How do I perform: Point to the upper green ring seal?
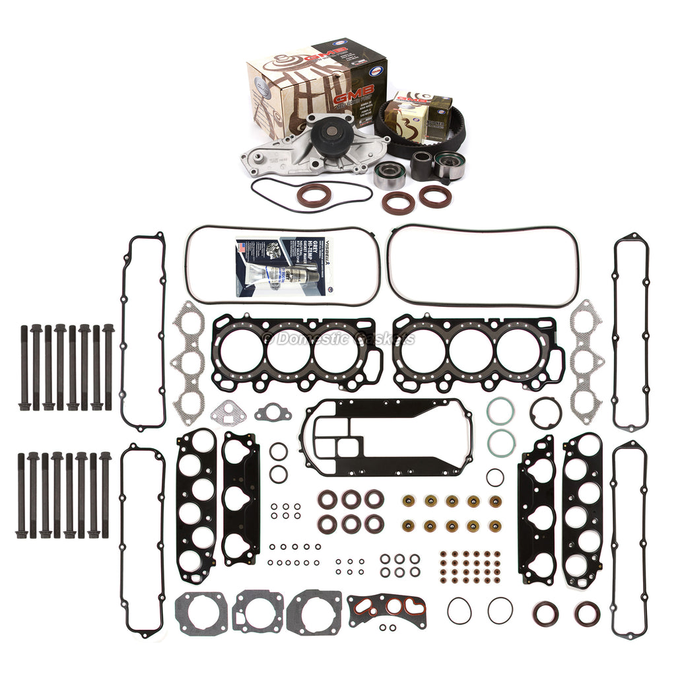[x=500, y=412]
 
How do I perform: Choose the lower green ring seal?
[x=500, y=442]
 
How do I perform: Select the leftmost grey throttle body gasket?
[x=201, y=611]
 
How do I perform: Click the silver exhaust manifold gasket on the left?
[x=188, y=363]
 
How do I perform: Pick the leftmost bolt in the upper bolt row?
[x=24, y=366]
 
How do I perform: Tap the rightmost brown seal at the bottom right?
[x=586, y=614]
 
